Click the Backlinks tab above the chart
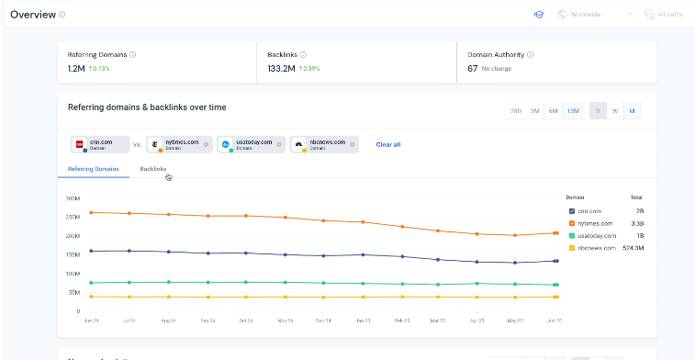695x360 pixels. (x=153, y=169)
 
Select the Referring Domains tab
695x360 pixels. (x=94, y=169)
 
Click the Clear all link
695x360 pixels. (x=388, y=144)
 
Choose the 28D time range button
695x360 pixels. (x=517, y=110)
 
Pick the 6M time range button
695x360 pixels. (x=553, y=110)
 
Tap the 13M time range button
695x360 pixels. (x=573, y=110)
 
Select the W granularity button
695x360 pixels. (x=614, y=110)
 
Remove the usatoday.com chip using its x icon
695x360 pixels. (x=279, y=144)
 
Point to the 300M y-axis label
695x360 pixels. (x=73, y=197)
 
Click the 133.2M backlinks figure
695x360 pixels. (x=282, y=68)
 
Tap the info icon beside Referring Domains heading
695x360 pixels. (x=133, y=54)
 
